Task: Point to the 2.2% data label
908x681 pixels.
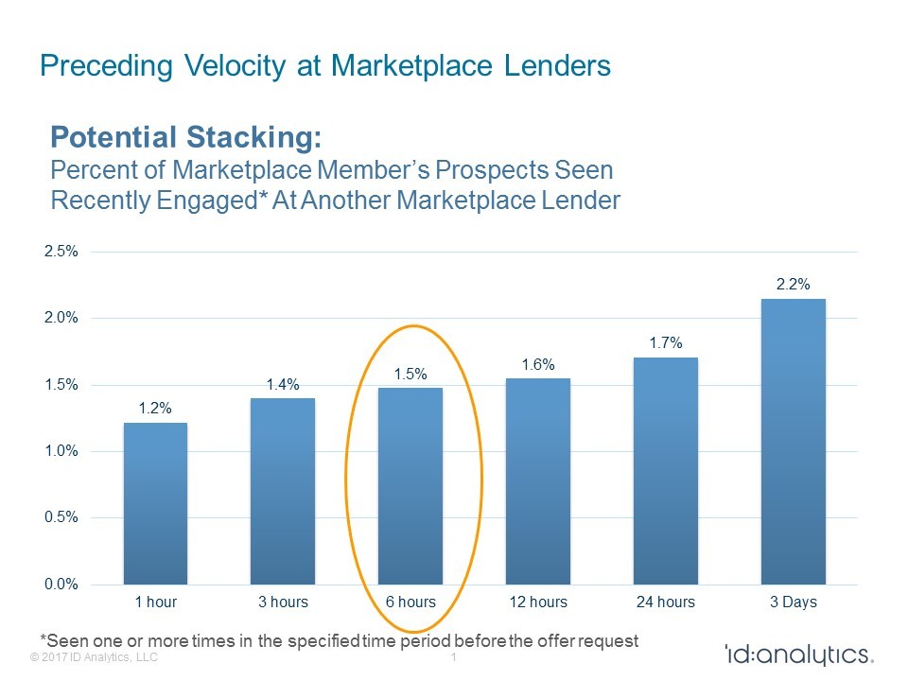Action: coord(794,283)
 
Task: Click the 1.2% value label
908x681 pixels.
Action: coord(155,408)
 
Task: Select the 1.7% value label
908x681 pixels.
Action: coord(666,342)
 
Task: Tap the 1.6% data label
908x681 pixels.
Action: coord(538,364)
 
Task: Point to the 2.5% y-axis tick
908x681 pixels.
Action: coord(61,252)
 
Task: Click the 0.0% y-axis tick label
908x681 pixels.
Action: coord(61,585)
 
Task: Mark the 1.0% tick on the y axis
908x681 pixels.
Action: coord(61,451)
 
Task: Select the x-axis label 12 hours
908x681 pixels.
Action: coord(538,602)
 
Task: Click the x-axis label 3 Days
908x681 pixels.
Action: coord(794,602)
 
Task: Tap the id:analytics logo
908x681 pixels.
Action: coord(798,655)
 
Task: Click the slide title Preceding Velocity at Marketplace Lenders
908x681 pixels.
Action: coord(324,66)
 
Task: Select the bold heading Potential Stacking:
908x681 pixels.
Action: coord(186,138)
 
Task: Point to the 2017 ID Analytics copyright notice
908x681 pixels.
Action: coord(94,657)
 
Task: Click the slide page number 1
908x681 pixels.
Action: coord(455,657)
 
